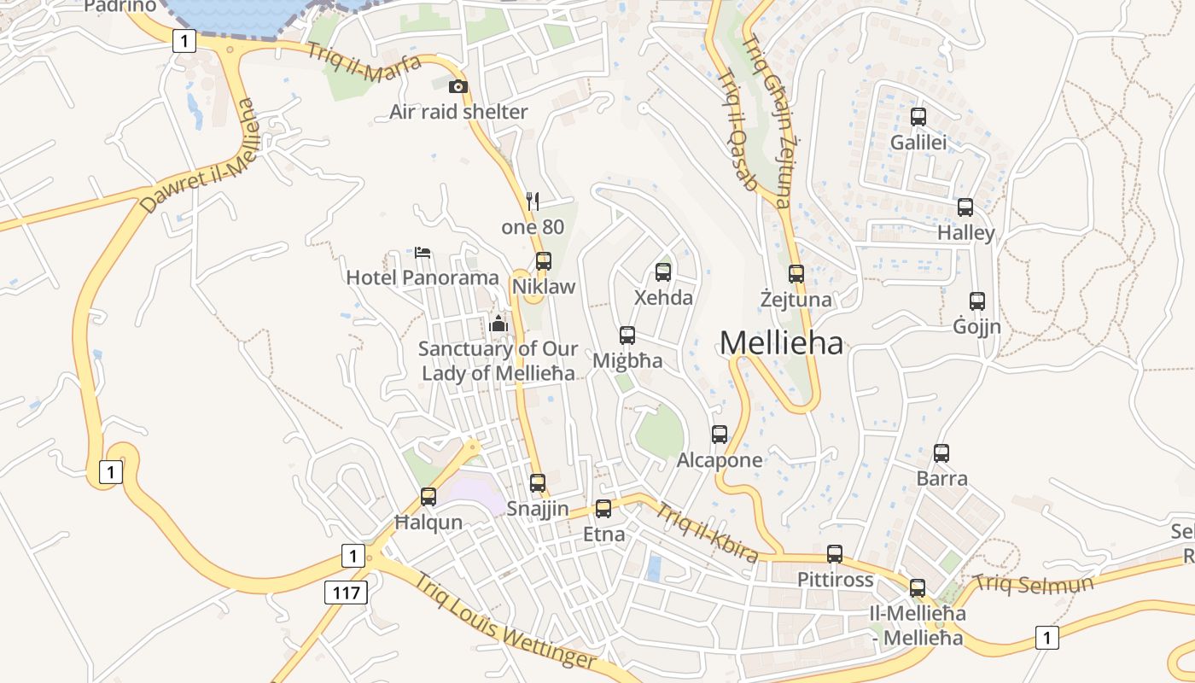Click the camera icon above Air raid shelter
tap(458, 86)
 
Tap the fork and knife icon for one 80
tap(533, 201)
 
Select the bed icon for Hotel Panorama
tap(423, 253)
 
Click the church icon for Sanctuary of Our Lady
tap(498, 323)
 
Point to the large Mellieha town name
tap(781, 342)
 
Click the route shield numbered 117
tap(346, 592)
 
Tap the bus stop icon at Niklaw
tap(544, 261)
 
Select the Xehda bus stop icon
tap(663, 272)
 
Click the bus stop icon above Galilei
tap(918, 117)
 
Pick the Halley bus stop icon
tap(965, 207)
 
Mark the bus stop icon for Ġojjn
tap(977, 301)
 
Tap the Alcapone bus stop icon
tap(720, 435)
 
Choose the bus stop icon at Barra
tap(941, 453)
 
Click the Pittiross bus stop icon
tap(835, 554)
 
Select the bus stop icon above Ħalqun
tap(428, 497)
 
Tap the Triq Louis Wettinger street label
tap(505, 621)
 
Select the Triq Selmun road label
tap(1033, 585)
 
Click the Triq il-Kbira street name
tap(706, 533)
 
